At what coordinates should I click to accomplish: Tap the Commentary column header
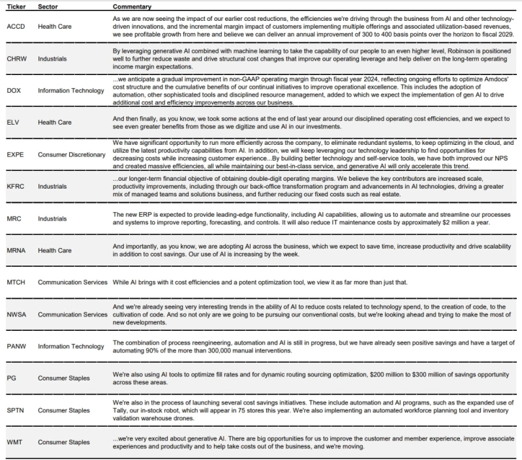[132, 6]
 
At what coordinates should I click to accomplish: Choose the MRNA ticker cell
[16, 251]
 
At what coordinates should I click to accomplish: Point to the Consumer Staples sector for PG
[63, 377]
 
